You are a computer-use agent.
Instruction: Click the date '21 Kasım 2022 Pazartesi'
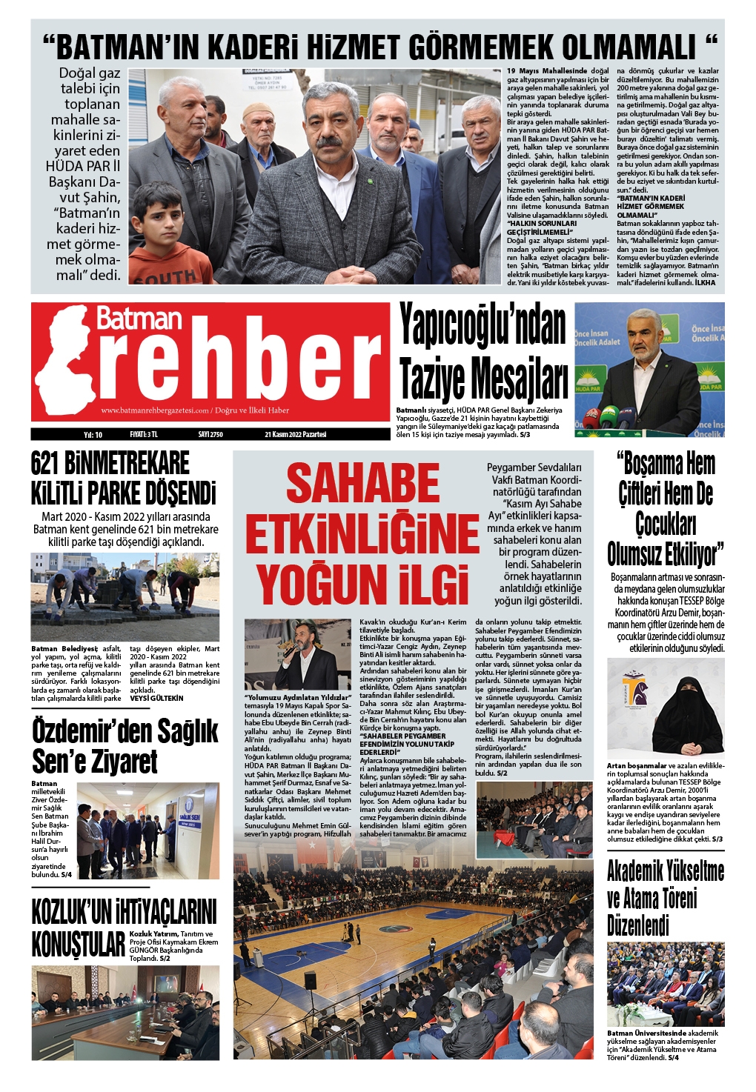coord(295,434)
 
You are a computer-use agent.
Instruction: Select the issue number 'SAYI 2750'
coord(210,434)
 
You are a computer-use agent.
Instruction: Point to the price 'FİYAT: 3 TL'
coord(144,434)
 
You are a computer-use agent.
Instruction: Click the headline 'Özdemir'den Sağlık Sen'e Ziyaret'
coord(125,745)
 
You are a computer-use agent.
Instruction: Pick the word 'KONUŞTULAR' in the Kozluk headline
coord(79,945)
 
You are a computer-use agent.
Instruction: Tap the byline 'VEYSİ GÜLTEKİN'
coord(156,698)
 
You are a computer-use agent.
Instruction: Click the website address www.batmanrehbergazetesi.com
coord(156,410)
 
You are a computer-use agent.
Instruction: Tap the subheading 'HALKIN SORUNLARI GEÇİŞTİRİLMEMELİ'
coord(542,227)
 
